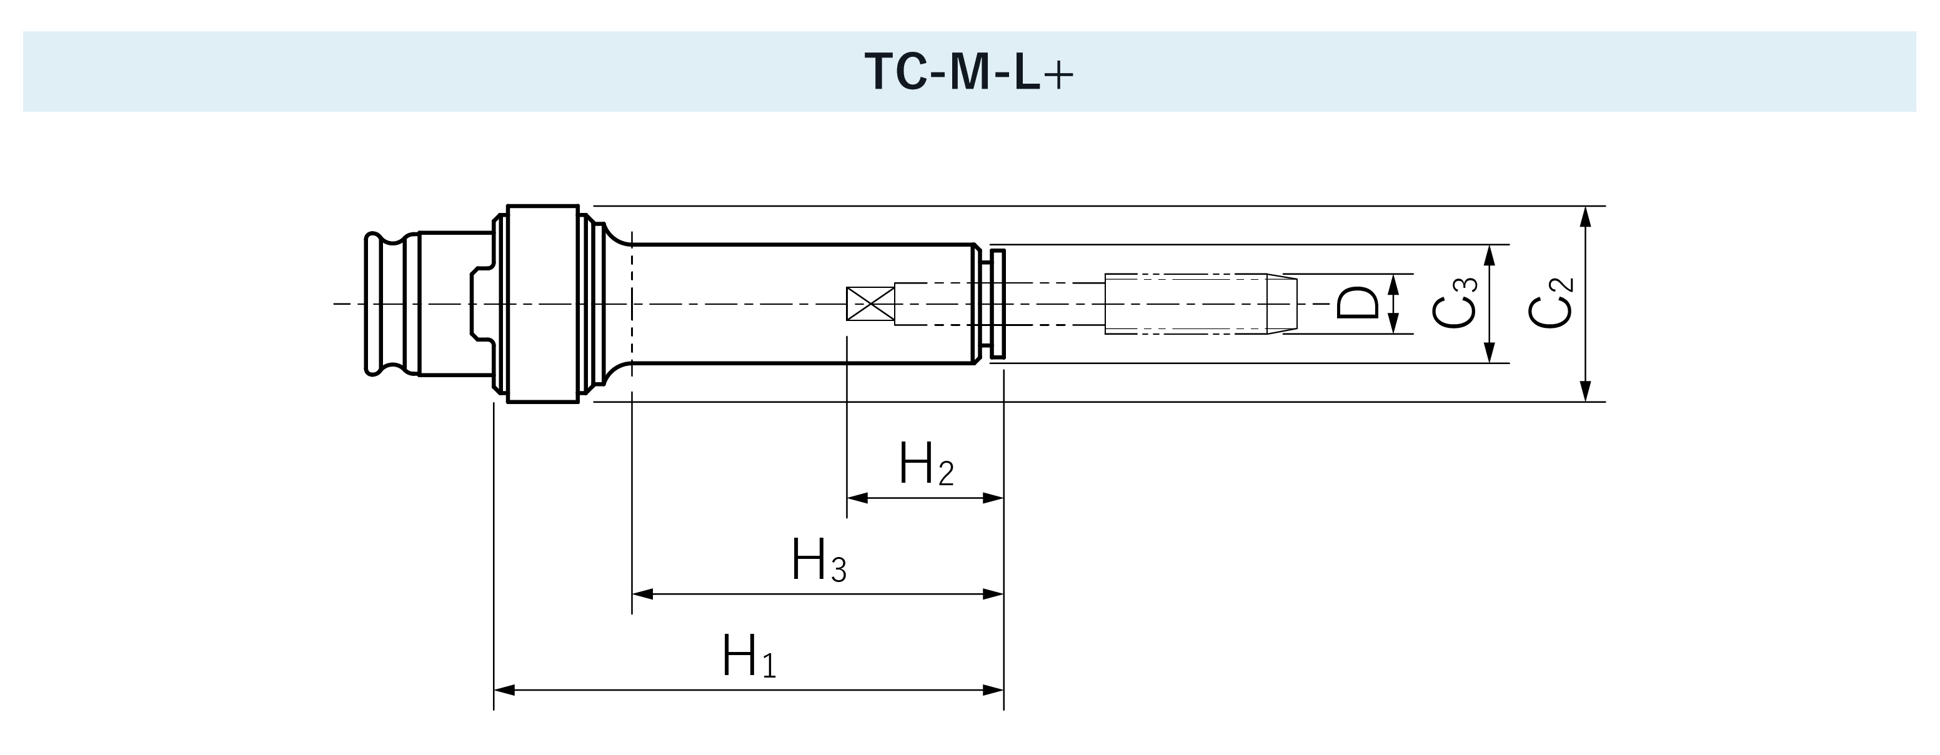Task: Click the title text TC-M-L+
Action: [969, 72]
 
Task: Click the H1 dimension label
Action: [749, 657]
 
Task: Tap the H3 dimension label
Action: [818, 561]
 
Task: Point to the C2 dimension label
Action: [1551, 303]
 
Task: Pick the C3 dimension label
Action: [1455, 303]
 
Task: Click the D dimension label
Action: [1357, 303]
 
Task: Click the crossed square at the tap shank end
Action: [870, 303]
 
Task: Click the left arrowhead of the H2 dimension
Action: [857, 498]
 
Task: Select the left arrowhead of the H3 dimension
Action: [642, 594]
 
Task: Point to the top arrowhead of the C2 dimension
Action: [1585, 216]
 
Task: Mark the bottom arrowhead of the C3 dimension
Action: [1489, 353]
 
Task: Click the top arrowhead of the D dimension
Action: [1393, 284]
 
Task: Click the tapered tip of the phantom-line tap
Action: [1282, 303]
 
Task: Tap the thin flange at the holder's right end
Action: [998, 303]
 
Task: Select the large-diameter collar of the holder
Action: [542, 303]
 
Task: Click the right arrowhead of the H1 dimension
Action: [994, 689]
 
